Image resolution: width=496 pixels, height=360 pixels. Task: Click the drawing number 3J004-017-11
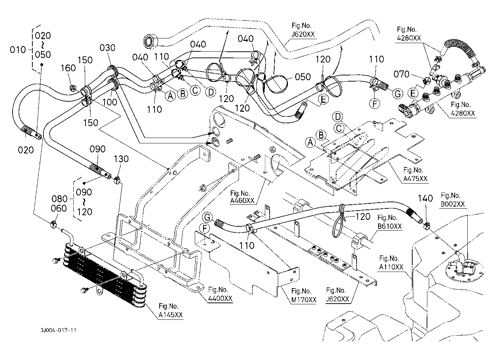(59, 330)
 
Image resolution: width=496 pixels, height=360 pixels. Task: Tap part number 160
(68, 68)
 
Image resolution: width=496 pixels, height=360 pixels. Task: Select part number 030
(107, 48)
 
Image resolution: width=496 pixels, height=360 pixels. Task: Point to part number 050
(303, 77)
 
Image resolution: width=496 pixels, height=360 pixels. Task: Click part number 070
(401, 74)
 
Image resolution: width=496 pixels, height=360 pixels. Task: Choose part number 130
(121, 159)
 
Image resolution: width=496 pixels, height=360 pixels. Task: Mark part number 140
(425, 198)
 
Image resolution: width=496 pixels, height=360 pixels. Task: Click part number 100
(110, 102)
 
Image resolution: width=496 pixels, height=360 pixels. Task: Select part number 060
(59, 208)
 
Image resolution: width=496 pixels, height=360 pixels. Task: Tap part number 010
(18, 50)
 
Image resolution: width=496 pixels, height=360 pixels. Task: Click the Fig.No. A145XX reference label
(170, 311)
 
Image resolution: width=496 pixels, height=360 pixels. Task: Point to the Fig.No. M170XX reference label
(304, 295)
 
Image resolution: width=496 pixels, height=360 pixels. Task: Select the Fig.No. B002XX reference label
(453, 200)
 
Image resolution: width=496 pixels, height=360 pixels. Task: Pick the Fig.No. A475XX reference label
(415, 175)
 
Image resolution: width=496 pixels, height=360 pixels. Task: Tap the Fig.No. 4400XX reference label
(220, 294)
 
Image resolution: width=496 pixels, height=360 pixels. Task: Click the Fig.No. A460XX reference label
(242, 197)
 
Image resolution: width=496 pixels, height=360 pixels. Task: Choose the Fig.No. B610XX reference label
(390, 222)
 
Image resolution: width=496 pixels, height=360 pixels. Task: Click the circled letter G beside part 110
(398, 94)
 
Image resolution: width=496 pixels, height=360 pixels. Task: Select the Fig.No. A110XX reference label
(391, 263)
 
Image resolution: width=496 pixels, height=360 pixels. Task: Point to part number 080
(60, 199)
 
